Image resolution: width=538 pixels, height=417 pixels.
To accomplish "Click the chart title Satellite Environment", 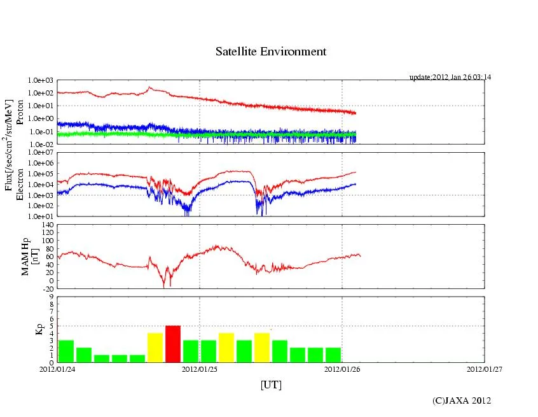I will (x=270, y=52).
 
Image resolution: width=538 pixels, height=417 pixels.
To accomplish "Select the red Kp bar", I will (x=173, y=344).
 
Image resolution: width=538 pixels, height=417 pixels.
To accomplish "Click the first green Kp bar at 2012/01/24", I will (x=66, y=351).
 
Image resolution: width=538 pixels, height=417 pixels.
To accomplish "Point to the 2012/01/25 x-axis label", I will (x=200, y=369).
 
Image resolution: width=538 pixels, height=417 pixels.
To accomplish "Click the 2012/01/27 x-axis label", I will (x=485, y=369).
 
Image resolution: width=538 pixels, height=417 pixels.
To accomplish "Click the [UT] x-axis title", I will (x=271, y=385).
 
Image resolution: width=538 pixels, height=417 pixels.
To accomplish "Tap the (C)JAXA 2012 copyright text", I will (x=462, y=400).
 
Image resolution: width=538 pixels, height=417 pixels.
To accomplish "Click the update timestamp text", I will (x=450, y=77).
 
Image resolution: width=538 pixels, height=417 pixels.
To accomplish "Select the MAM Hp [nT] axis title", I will (x=30, y=257).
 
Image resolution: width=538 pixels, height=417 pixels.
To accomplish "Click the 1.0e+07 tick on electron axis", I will (x=40, y=153).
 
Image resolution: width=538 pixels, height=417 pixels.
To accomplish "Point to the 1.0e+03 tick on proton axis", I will (x=40, y=81).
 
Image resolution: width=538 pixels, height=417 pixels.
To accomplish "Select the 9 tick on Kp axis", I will (x=52, y=296).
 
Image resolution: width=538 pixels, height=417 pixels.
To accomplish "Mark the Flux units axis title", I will (x=9, y=147).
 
